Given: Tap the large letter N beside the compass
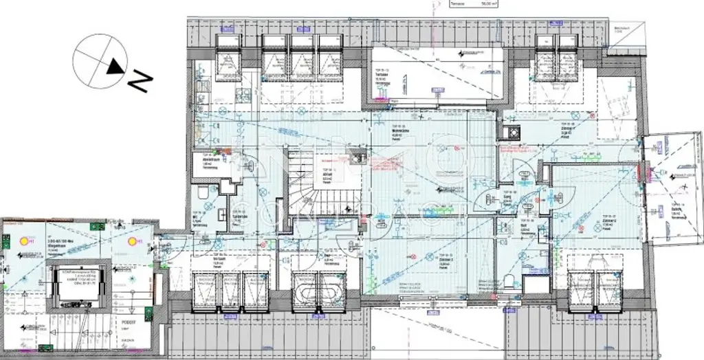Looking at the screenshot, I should point(141,81).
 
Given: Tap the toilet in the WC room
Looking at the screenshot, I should point(203,194).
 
